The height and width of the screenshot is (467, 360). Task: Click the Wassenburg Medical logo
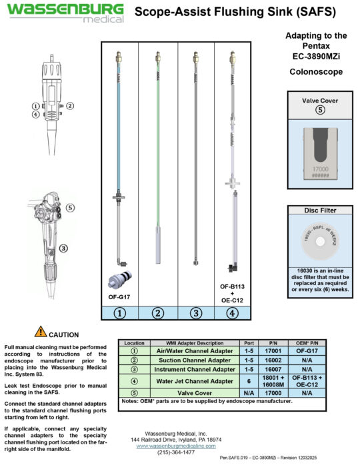click(65, 12)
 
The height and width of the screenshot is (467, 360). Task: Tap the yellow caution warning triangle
click(41, 331)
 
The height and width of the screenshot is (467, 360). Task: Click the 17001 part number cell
click(273, 350)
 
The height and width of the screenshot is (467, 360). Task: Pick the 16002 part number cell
click(273, 359)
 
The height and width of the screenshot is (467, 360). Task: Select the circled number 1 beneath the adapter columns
click(119, 312)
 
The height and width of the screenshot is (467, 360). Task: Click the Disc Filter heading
click(320, 211)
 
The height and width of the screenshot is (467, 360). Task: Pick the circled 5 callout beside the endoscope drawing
click(71, 207)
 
